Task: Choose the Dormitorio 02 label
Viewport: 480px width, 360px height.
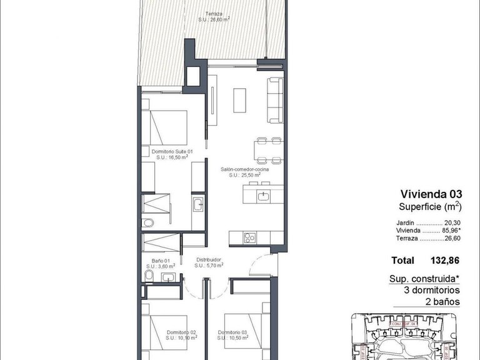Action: [182, 332]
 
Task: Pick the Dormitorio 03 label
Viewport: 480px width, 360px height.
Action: [234, 332]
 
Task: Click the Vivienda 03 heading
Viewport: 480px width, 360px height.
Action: [431, 194]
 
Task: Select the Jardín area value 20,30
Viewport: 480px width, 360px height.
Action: [452, 222]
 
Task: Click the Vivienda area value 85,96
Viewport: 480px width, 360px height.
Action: [452, 231]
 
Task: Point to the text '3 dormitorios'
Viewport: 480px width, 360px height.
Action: [432, 291]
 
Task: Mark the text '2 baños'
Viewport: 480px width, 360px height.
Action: [442, 302]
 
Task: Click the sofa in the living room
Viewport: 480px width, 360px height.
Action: [274, 99]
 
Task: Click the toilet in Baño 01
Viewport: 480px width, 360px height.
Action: [148, 275]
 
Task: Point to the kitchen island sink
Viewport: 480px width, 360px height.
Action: [263, 197]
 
